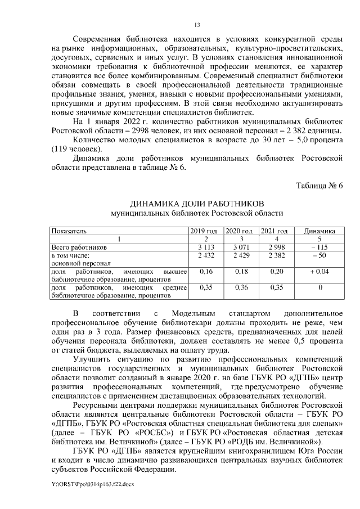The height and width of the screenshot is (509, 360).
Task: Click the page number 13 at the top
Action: point(197,25)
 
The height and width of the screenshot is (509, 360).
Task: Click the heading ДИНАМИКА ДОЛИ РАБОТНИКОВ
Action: point(197,203)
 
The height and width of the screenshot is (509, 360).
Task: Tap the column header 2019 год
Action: point(204,231)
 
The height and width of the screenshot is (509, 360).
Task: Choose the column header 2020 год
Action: point(240,231)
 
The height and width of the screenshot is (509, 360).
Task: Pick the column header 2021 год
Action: point(276,231)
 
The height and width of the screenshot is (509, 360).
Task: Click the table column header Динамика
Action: point(319,231)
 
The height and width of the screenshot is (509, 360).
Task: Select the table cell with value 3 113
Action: point(204,247)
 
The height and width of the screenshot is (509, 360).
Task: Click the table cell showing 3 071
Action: point(240,247)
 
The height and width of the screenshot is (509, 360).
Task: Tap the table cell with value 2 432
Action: point(204,255)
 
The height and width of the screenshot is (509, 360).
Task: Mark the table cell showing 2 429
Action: point(240,255)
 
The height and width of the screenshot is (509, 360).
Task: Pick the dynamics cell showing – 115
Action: point(319,247)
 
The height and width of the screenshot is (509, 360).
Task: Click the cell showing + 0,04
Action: point(319,272)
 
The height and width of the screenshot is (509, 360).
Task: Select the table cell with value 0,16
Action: point(204,272)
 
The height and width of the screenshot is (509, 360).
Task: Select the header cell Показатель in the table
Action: point(69,231)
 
